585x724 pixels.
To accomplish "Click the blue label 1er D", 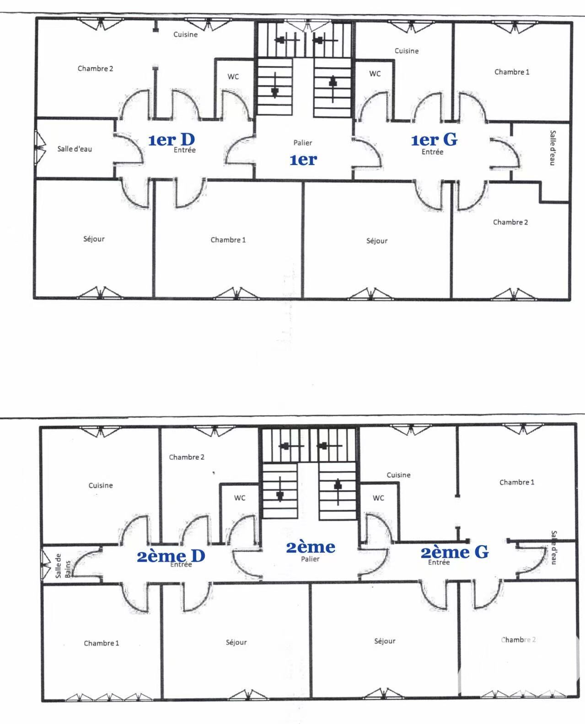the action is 172,140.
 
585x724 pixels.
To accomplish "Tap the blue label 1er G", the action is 434,140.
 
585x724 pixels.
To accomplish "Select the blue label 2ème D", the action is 171,556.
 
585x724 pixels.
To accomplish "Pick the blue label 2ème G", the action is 455,552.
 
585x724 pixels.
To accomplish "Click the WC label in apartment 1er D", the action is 233,76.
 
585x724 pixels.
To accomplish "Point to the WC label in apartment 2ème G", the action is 378,498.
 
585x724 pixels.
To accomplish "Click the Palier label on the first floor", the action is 303,143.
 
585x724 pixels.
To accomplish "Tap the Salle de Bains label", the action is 63,566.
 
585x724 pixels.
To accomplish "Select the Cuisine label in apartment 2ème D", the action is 101,485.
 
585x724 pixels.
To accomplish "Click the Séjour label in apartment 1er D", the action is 94,239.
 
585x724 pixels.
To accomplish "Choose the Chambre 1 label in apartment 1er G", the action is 512,72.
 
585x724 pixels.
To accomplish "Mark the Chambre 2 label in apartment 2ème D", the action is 187,457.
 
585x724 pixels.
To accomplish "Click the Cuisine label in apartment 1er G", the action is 407,51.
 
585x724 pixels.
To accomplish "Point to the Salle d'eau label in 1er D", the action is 75,149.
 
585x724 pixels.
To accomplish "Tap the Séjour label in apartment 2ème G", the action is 385,641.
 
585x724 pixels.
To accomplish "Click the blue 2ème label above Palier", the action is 311,547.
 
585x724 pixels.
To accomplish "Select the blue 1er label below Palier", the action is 303,160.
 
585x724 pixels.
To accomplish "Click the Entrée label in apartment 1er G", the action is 432,152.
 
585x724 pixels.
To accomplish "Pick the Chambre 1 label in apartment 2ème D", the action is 102,643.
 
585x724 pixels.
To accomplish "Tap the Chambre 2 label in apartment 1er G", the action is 510,222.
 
